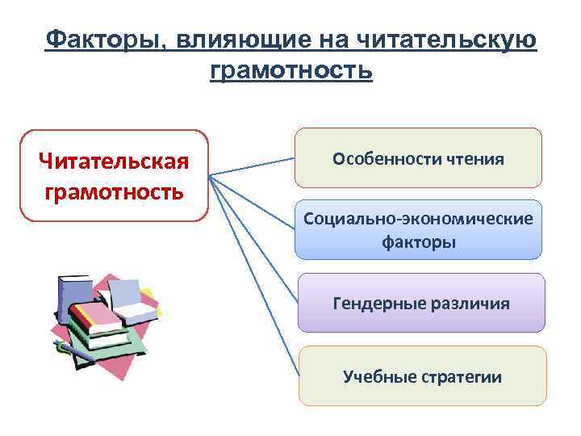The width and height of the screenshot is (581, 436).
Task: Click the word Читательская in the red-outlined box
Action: click(x=114, y=162)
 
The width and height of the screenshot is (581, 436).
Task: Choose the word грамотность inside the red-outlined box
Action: click(x=114, y=193)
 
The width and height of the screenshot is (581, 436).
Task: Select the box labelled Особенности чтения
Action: click(x=418, y=158)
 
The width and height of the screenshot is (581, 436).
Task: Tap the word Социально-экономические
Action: click(x=418, y=219)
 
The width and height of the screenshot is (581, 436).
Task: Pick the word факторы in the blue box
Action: click(x=418, y=241)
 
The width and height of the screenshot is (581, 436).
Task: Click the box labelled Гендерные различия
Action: click(x=420, y=303)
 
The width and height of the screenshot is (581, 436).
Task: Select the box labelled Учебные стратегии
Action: click(x=422, y=375)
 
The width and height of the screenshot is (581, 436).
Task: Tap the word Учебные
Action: click(x=378, y=376)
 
